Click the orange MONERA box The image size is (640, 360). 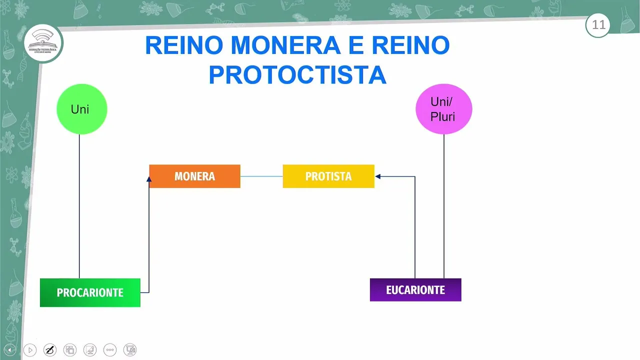194,176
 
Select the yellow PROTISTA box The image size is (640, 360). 328,176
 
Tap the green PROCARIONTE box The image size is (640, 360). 90,292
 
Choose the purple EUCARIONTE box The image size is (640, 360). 415,290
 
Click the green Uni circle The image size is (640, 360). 81,109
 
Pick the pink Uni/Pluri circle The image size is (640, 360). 443,109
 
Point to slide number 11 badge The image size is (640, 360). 598,25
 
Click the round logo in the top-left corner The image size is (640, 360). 43,43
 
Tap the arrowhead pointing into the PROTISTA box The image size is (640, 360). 378,176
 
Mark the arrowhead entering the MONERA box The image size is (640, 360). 149,179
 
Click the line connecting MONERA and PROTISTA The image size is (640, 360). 261,176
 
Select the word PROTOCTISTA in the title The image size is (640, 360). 297,75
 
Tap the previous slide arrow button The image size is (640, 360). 9,350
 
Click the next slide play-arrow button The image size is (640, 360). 30,350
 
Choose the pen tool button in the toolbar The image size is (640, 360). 50,350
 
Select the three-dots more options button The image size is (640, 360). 110,350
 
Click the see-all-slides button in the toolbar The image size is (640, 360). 70,350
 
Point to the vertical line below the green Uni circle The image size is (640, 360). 79,205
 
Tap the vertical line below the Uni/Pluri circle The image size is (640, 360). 444,205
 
